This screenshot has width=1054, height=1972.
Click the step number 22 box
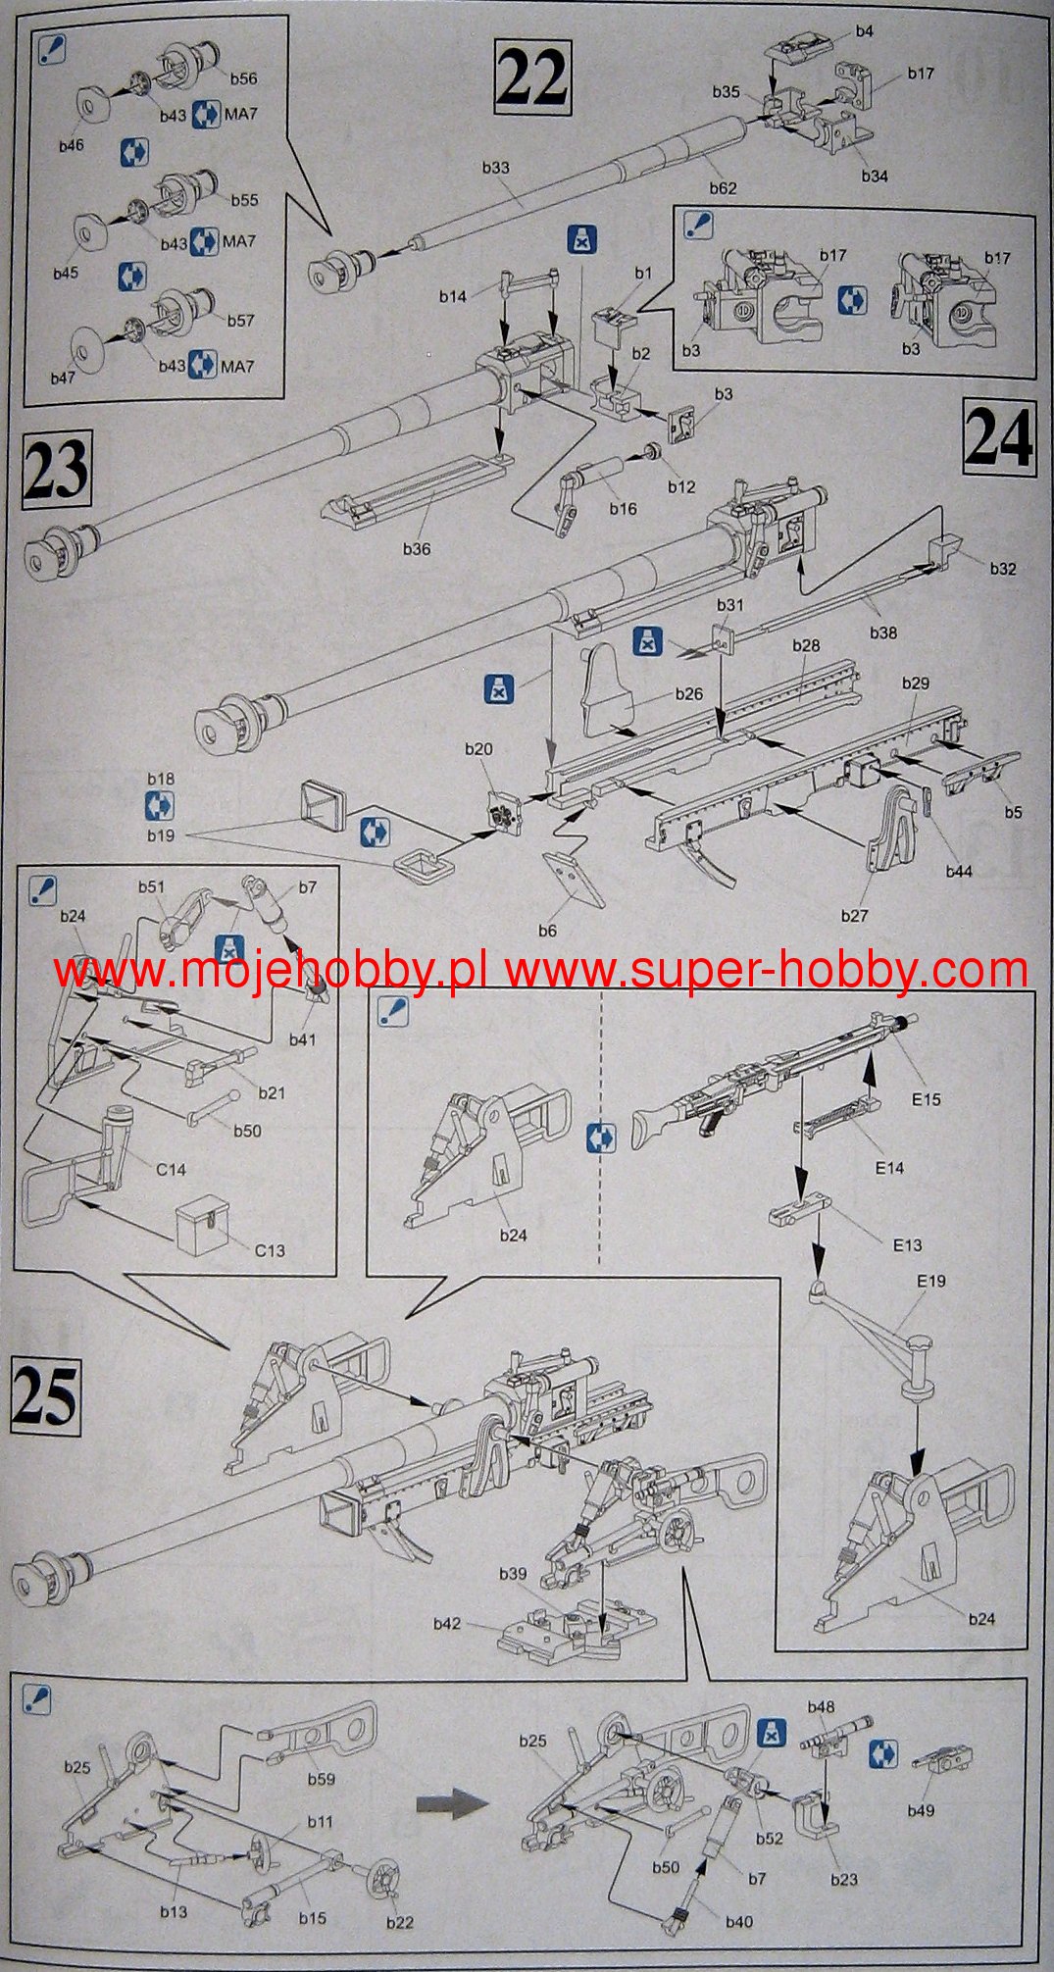[532, 77]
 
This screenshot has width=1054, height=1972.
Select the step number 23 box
[56, 472]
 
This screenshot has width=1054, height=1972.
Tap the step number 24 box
[999, 437]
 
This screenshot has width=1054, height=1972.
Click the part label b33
[496, 168]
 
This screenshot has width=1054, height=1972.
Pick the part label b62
[723, 187]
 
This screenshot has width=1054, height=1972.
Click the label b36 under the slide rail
[417, 549]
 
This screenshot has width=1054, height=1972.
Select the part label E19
[931, 1281]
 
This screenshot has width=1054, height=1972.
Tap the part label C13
[270, 1250]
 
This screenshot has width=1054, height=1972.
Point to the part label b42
[447, 1624]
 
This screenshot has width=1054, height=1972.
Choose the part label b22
[400, 1922]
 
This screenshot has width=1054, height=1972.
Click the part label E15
[926, 1099]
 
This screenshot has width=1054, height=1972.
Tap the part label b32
[1003, 569]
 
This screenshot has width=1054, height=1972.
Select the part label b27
[854, 916]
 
